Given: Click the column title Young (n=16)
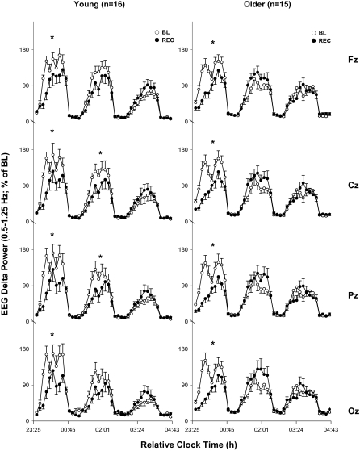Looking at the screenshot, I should (x=101, y=6).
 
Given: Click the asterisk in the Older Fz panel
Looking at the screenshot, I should (x=212, y=44).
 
